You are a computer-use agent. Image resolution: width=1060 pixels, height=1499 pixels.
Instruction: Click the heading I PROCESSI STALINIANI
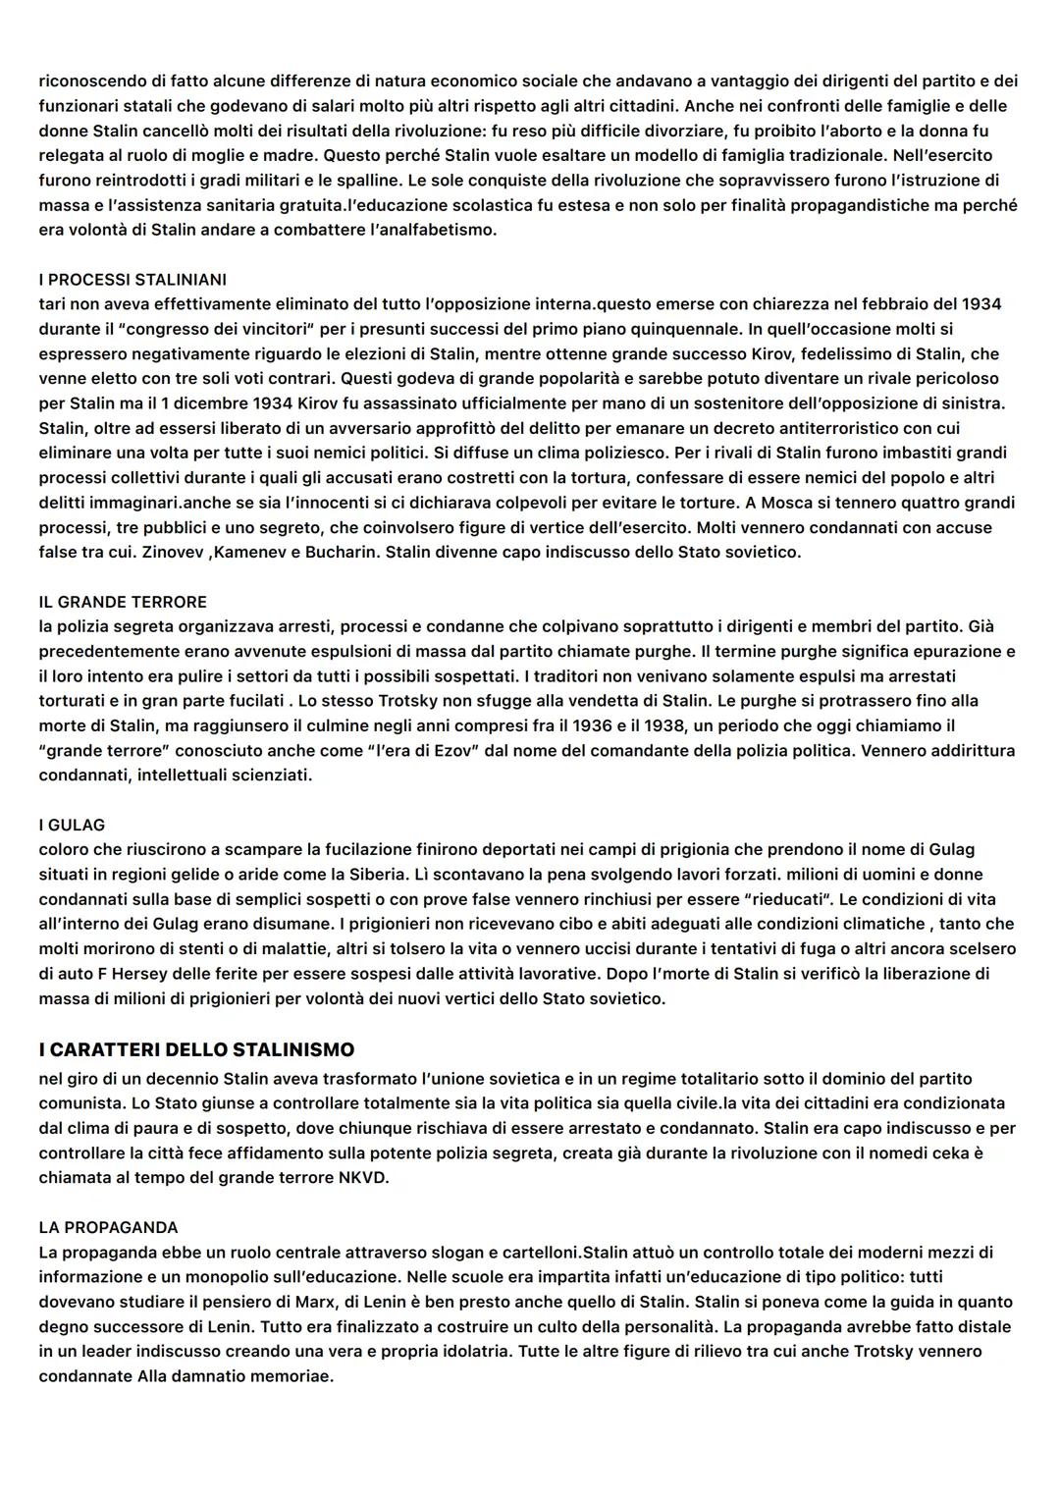(x=132, y=280)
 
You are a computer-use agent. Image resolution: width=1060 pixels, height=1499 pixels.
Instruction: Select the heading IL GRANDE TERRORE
(x=123, y=602)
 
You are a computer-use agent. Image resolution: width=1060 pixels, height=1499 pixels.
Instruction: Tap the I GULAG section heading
(x=72, y=826)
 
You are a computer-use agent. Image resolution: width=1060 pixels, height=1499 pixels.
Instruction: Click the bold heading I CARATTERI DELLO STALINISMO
(x=196, y=1050)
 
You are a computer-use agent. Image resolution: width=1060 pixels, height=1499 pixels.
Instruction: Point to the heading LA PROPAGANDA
(x=108, y=1228)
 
